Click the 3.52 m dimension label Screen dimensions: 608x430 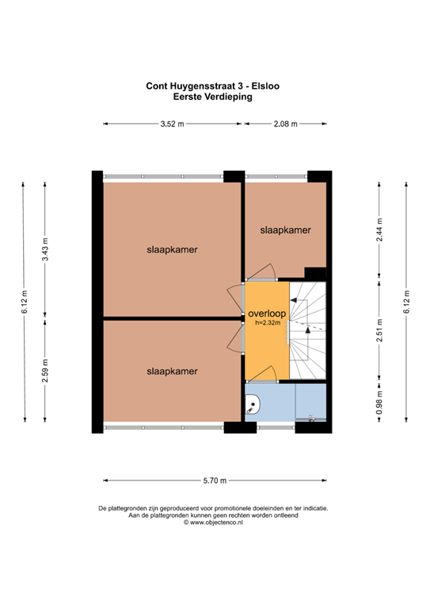[172, 124]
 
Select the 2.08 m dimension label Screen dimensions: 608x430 [286, 124]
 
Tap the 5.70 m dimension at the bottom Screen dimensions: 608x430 [215, 481]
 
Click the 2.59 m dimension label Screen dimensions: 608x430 [45, 370]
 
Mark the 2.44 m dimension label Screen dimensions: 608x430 [379, 230]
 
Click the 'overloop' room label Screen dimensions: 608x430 [266, 313]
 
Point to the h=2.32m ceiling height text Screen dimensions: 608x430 [267, 324]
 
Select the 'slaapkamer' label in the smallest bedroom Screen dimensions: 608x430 [285, 230]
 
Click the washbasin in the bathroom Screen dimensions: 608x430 [253, 406]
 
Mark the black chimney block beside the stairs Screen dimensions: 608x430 [315, 273]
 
